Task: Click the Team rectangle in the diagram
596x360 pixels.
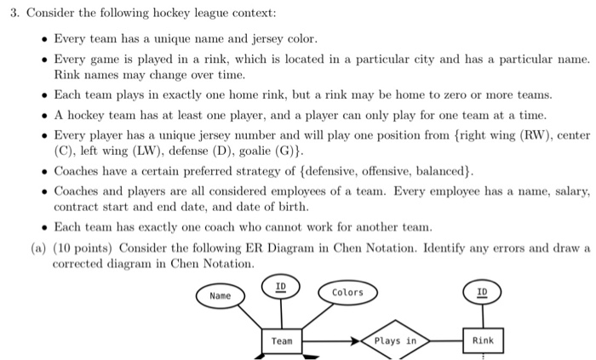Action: [x=282, y=340]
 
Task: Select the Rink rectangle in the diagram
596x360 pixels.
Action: [x=482, y=340]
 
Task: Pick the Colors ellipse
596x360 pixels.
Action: [x=347, y=292]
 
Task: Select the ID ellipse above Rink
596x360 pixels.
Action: [x=482, y=292]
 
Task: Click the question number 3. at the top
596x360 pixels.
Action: [x=14, y=14]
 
